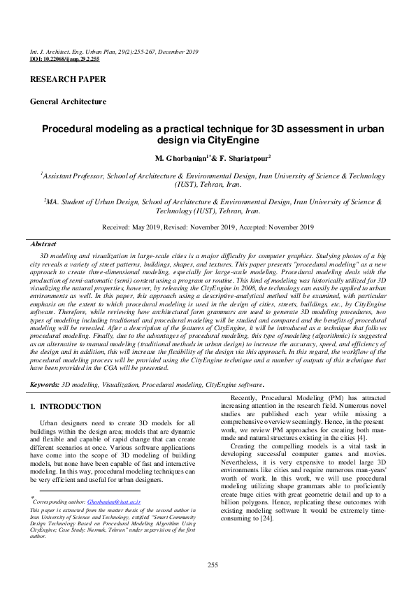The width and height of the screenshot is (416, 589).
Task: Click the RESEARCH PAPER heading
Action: click(68, 79)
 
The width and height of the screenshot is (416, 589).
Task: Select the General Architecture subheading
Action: click(68, 101)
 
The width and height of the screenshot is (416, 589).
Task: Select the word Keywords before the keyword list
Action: click(44, 385)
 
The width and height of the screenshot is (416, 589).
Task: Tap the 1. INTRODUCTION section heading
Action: click(66, 406)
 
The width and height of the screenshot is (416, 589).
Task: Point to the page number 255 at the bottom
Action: click(208, 565)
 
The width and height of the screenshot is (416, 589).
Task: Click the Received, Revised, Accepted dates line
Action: click(208, 227)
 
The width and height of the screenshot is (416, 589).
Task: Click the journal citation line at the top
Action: click(114, 52)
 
